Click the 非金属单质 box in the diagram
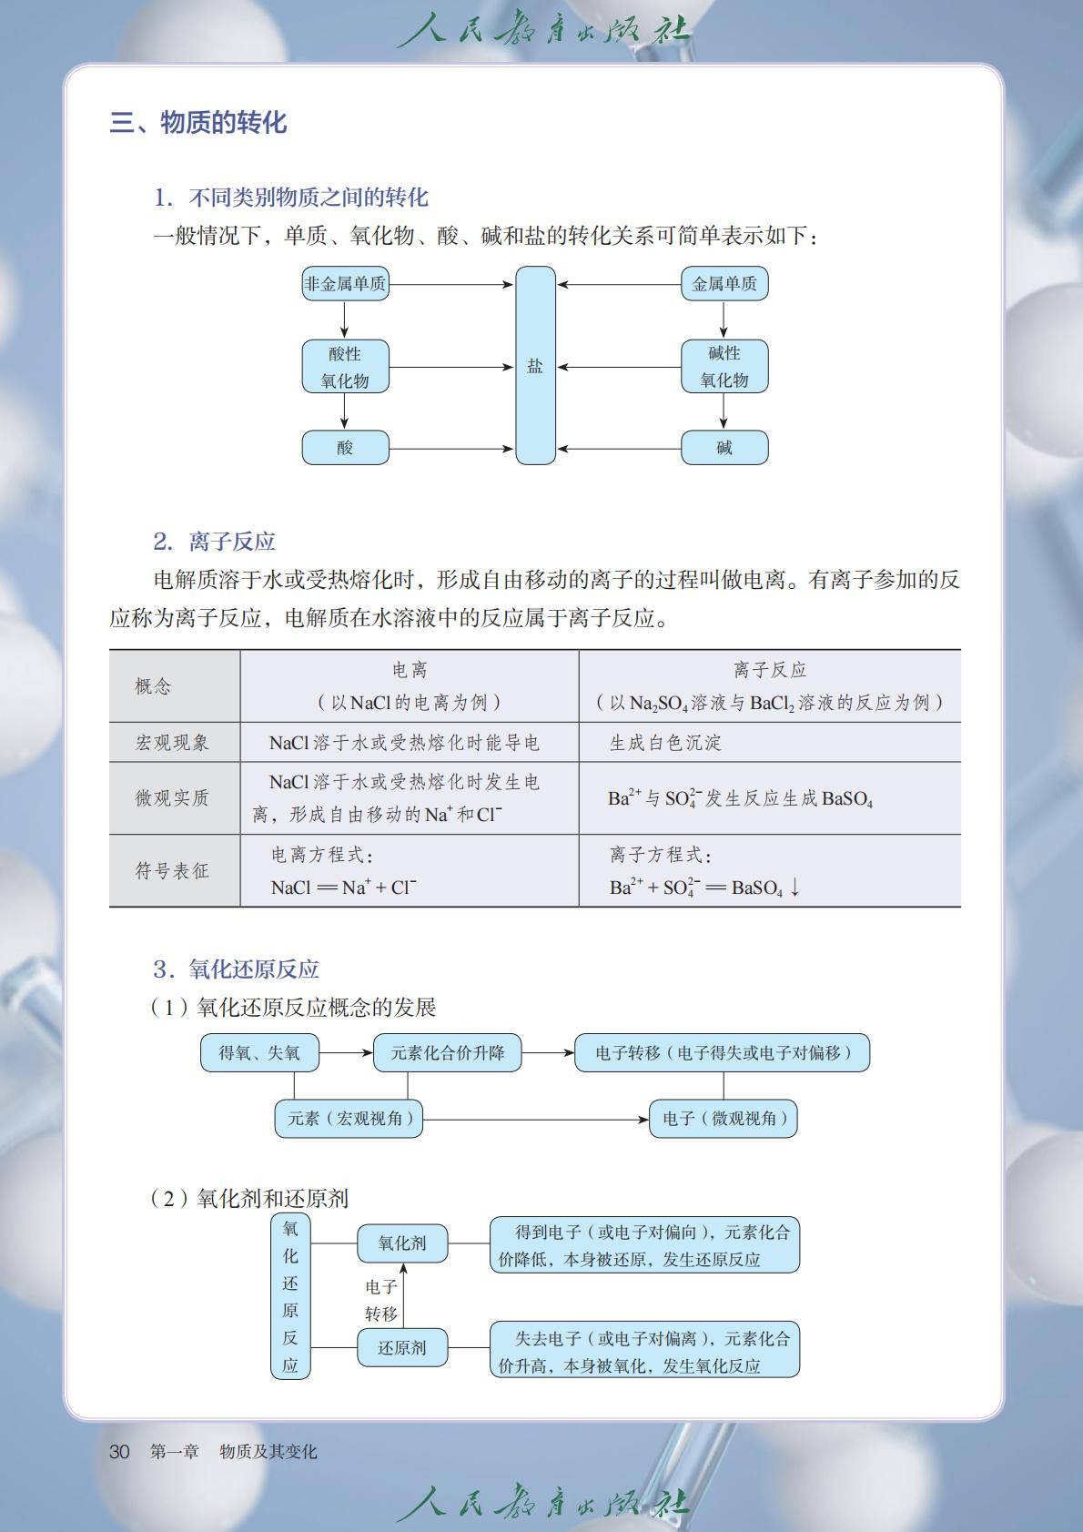click(x=345, y=284)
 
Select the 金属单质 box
click(x=724, y=284)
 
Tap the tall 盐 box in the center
click(x=535, y=366)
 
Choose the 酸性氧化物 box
click(x=345, y=367)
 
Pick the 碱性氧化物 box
click(x=724, y=367)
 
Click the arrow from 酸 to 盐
click(x=451, y=448)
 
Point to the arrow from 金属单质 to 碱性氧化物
click(x=724, y=320)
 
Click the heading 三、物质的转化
click(x=198, y=123)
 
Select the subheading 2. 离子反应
click(x=215, y=543)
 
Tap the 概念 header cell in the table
click(x=153, y=686)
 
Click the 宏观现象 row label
click(x=172, y=743)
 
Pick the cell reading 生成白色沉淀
click(x=665, y=743)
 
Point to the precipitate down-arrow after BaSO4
click(x=795, y=888)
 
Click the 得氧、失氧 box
click(x=259, y=1053)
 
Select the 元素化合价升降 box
click(x=447, y=1053)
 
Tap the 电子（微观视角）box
click(x=724, y=1119)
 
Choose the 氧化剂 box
click(x=401, y=1243)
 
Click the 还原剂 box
click(x=401, y=1348)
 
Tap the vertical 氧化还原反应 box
click(x=290, y=1296)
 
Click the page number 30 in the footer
click(x=119, y=1452)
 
